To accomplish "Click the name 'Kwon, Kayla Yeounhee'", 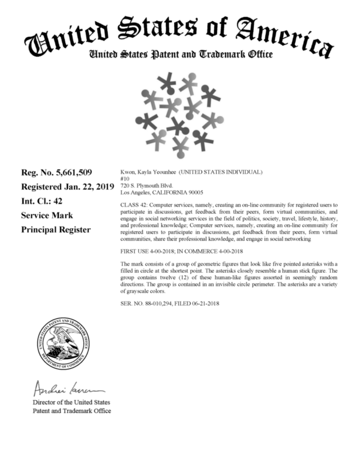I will (148, 172).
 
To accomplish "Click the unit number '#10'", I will (125, 179).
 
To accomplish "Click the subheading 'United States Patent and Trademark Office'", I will (180, 55).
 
